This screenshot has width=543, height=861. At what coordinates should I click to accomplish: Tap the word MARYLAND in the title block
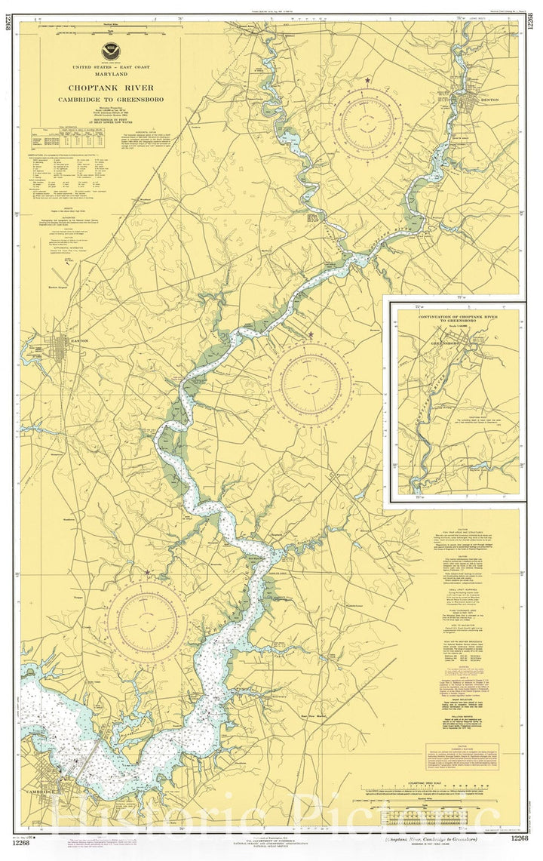(111, 75)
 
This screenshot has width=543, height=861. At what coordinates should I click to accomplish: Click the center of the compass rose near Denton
(367, 122)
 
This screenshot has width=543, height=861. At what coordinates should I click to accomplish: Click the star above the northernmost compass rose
(367, 80)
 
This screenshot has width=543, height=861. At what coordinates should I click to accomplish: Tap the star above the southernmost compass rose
(147, 573)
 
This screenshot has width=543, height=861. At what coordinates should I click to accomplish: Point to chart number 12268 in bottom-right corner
(519, 838)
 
